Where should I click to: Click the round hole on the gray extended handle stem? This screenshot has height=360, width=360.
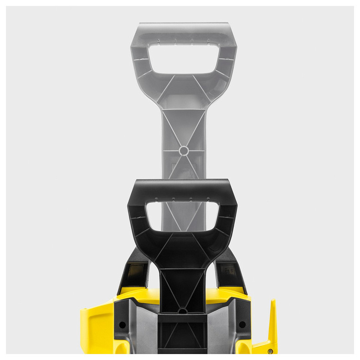(183, 150)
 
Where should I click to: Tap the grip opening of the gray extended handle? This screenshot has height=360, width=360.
(183, 58)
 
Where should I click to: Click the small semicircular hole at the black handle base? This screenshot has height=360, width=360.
(182, 311)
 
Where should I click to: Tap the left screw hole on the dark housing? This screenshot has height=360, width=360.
(122, 324)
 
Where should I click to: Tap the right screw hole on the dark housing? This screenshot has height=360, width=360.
(242, 324)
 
